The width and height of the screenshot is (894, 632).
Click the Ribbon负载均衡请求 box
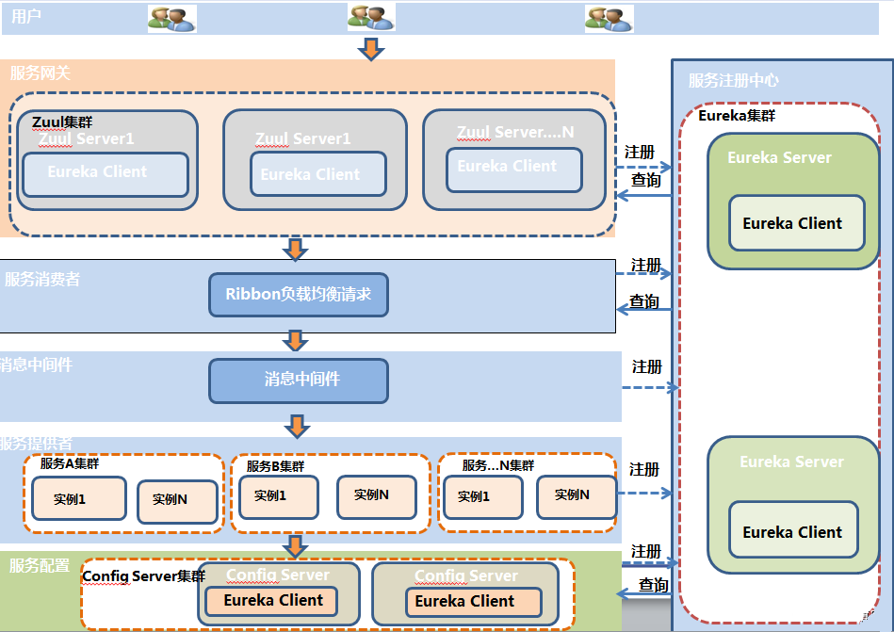(298, 295)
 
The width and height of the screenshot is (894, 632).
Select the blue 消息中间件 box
(298, 380)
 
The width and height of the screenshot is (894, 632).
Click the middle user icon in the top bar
(370, 18)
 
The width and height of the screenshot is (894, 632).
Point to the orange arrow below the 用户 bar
(372, 49)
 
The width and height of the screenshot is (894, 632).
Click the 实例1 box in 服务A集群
(78, 498)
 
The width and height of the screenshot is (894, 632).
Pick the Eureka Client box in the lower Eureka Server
(793, 532)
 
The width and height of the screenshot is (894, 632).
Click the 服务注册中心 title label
(734, 81)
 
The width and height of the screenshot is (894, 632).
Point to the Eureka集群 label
(737, 116)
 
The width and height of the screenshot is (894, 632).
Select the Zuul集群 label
(62, 122)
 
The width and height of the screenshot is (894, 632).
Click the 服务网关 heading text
(41, 73)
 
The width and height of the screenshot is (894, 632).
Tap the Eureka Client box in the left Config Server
(273, 601)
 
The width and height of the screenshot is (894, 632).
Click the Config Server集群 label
(143, 575)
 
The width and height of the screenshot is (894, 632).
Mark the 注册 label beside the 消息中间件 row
(647, 366)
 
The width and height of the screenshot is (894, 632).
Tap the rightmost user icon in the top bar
(609, 18)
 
